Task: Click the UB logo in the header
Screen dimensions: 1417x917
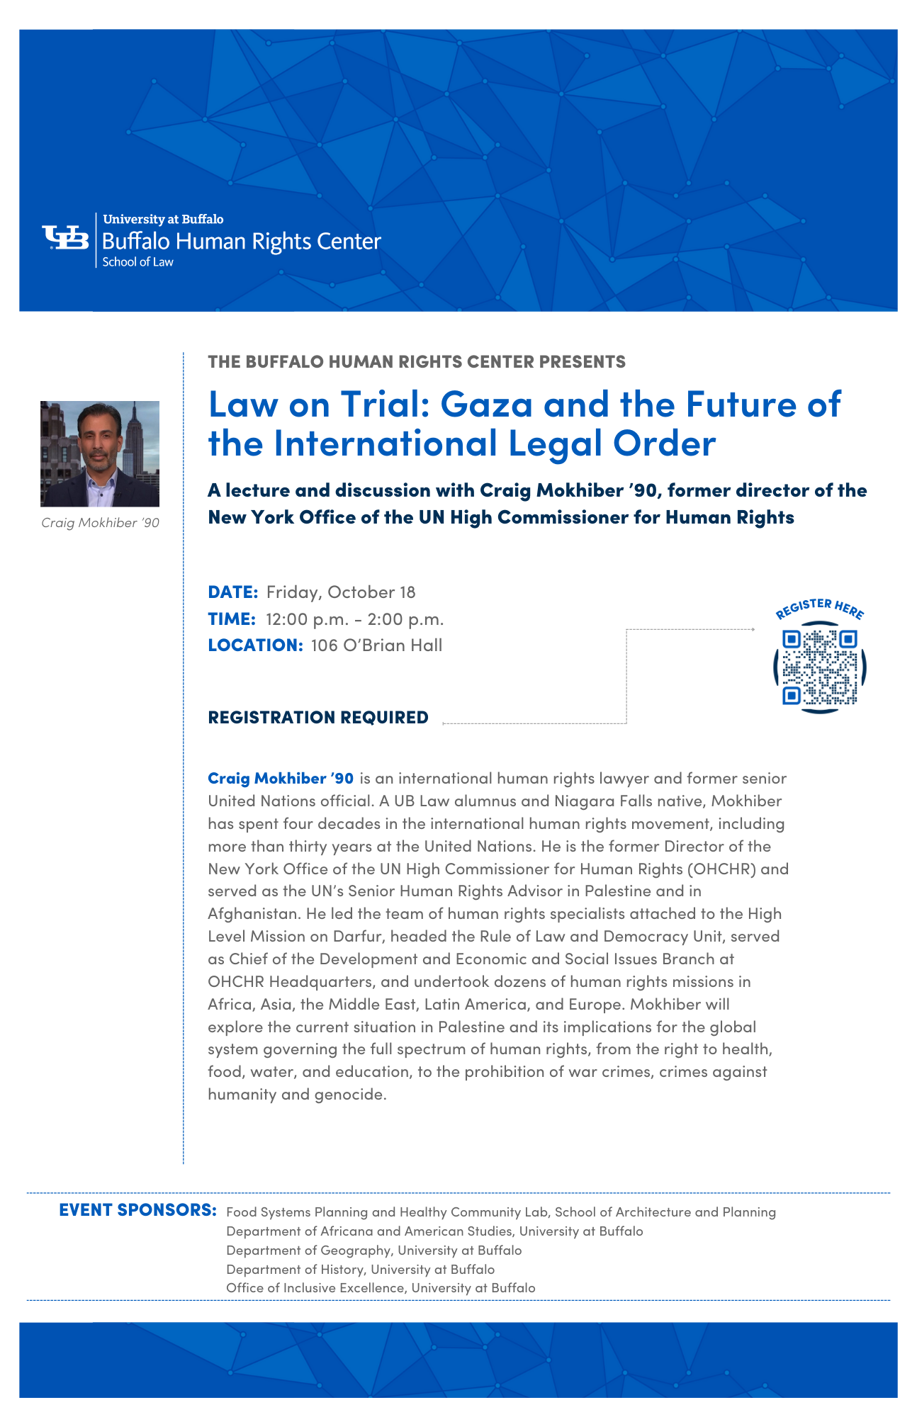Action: [65, 238]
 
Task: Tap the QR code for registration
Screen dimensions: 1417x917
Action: [820, 667]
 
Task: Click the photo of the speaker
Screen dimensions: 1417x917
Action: [100, 453]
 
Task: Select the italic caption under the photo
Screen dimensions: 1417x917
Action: [100, 523]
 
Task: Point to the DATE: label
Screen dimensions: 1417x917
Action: [232, 592]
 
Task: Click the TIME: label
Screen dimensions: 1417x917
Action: [231, 619]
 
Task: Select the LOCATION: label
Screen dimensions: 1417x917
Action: [255, 645]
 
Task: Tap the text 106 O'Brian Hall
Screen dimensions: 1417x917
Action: [376, 645]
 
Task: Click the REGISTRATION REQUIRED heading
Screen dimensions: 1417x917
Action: [318, 717]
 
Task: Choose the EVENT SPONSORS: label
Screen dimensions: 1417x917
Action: [137, 1209]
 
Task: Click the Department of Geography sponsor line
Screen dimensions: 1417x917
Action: [373, 1250]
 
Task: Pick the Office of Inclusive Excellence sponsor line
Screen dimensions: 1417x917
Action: [381, 1287]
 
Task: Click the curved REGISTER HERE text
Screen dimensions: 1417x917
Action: [819, 607]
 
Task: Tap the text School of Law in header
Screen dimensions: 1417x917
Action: [137, 261]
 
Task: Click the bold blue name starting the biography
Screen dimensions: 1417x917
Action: [281, 778]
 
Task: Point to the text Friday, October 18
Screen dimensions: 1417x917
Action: [341, 592]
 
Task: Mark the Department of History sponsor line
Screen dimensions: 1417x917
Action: [360, 1269]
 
